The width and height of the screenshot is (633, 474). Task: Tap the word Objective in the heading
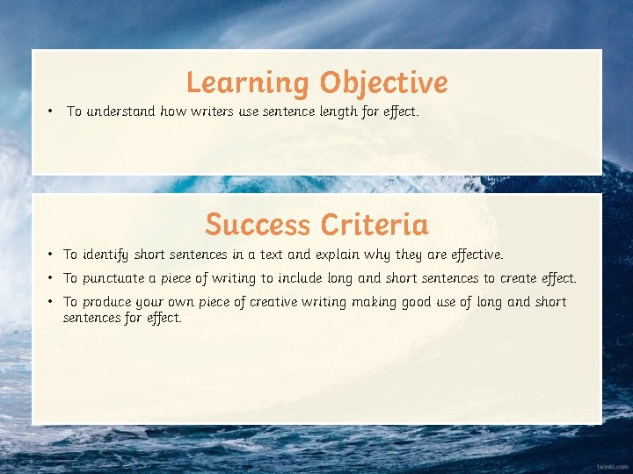pyautogui.click(x=383, y=83)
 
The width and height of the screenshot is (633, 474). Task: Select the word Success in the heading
pyautogui.click(x=258, y=225)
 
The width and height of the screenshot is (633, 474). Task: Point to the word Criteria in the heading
pyautogui.click(x=375, y=225)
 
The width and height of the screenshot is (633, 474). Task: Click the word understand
pyautogui.click(x=121, y=111)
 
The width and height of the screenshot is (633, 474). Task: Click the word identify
pyautogui.click(x=105, y=255)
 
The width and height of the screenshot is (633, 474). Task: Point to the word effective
pyautogui.click(x=477, y=255)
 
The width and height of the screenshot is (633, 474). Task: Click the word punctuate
pyautogui.click(x=118, y=278)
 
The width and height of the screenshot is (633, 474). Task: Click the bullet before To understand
pyautogui.click(x=52, y=111)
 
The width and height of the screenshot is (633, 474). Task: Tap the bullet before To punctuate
pyautogui.click(x=53, y=278)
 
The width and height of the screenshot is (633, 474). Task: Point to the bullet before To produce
pyautogui.click(x=53, y=302)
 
